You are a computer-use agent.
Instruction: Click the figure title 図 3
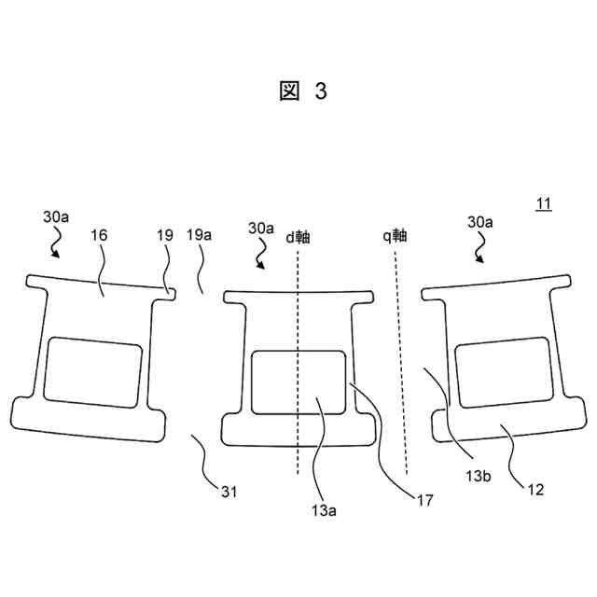pyautogui.click(x=304, y=90)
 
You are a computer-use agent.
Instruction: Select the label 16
pyautogui.click(x=99, y=235)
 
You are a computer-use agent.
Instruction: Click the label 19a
pyautogui.click(x=199, y=235)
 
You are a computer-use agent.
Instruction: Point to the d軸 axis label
pyautogui.click(x=298, y=236)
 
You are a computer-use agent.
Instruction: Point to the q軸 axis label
pyautogui.click(x=397, y=235)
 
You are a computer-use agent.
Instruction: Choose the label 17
pyautogui.click(x=425, y=499)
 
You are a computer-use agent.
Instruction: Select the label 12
pyautogui.click(x=535, y=487)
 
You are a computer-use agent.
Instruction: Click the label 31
pyautogui.click(x=229, y=492)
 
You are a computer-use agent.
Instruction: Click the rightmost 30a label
pyautogui.click(x=480, y=222)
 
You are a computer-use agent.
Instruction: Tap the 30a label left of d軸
pyautogui.click(x=261, y=228)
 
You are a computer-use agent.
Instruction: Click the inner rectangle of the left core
pyautogui.click(x=93, y=370)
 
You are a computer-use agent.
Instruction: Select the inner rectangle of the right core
pyautogui.click(x=500, y=374)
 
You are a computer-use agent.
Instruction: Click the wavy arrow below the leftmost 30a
pyautogui.click(x=54, y=243)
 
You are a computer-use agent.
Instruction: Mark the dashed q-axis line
pyautogui.click(x=401, y=354)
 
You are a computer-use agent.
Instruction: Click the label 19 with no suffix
pyautogui.click(x=164, y=235)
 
